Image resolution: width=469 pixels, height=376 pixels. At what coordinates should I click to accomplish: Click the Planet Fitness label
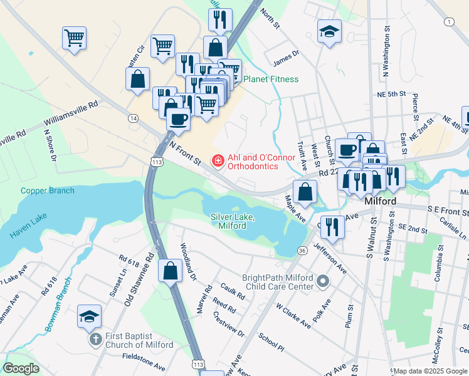tap(271, 79)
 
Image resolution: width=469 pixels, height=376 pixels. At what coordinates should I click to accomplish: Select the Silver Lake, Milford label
tap(232, 221)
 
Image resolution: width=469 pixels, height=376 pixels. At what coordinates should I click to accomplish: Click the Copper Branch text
tap(47, 191)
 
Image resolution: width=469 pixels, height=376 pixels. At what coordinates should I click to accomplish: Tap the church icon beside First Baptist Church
tap(95, 340)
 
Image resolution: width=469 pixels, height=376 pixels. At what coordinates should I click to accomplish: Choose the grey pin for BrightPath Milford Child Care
tap(323, 281)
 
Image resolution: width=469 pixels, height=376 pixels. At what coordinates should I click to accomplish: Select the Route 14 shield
tap(133, 118)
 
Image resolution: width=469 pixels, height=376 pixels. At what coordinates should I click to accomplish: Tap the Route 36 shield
tap(302, 251)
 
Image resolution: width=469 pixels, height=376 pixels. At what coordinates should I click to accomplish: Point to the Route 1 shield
tap(449, 22)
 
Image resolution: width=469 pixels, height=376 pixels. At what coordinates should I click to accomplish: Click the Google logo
tap(21, 368)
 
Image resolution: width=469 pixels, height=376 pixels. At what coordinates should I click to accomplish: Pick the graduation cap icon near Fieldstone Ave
tap(89, 316)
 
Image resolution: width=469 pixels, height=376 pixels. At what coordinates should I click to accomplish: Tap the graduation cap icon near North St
tap(329, 32)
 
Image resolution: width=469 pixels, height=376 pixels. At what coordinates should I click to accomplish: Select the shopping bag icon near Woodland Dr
tap(170, 271)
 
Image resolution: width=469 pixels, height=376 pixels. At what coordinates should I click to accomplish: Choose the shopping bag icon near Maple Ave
tap(305, 192)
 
